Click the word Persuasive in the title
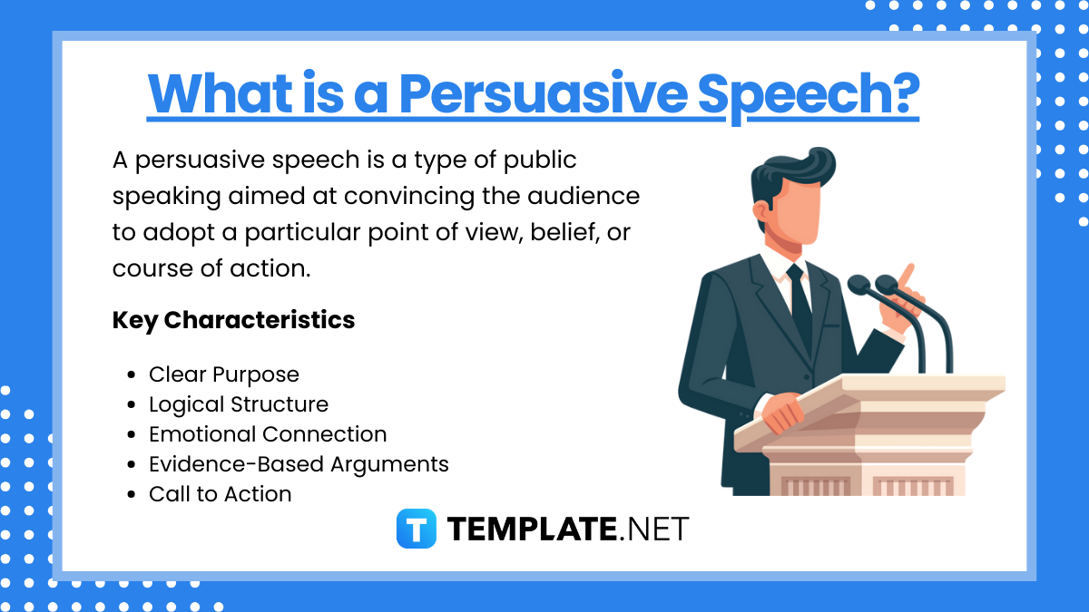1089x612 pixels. (x=546, y=92)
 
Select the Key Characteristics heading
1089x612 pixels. (x=233, y=320)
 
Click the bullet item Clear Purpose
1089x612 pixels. (x=223, y=374)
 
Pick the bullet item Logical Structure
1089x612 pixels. (x=238, y=404)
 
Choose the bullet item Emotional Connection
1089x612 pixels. (x=267, y=434)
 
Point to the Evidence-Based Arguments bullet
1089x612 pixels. (x=299, y=464)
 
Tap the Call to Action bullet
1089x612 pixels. (x=220, y=494)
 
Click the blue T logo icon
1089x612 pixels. (x=417, y=529)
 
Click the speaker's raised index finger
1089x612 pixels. (x=906, y=275)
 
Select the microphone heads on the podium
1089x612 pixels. (x=871, y=286)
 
